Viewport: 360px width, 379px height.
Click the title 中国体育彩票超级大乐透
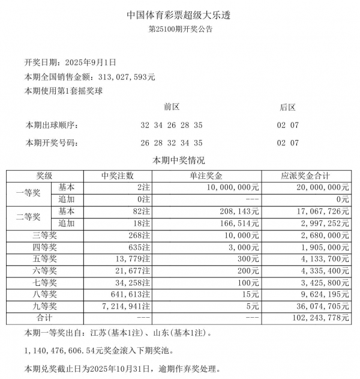tap(179, 14)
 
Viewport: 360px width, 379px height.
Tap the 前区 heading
tap(172, 108)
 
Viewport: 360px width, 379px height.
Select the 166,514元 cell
tap(239, 223)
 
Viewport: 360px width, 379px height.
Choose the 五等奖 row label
tap(44, 258)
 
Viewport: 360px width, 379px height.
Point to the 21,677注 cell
tap(133, 270)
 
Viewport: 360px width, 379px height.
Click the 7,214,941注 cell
tap(128, 306)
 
